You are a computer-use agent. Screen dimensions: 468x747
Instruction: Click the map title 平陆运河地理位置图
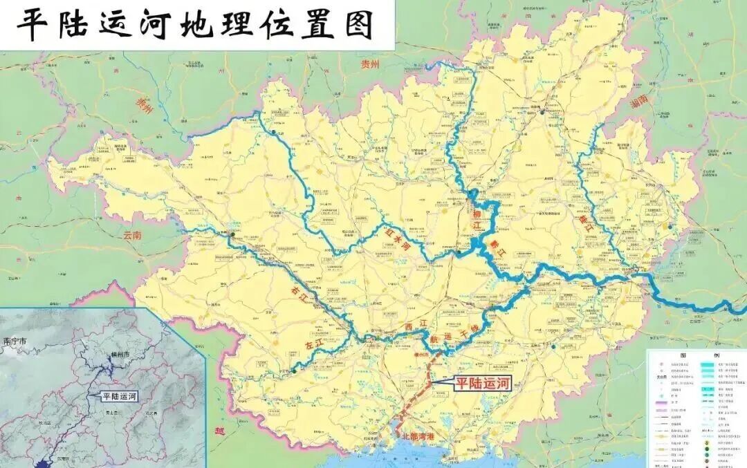pos(196,25)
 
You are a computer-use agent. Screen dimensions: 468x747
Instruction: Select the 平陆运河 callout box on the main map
pos(480,384)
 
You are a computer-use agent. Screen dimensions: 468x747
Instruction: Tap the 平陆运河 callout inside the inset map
pos(119,397)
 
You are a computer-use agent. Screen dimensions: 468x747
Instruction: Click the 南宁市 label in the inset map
pos(15,341)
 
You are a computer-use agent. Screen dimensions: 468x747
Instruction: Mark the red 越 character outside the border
pos(219,430)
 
